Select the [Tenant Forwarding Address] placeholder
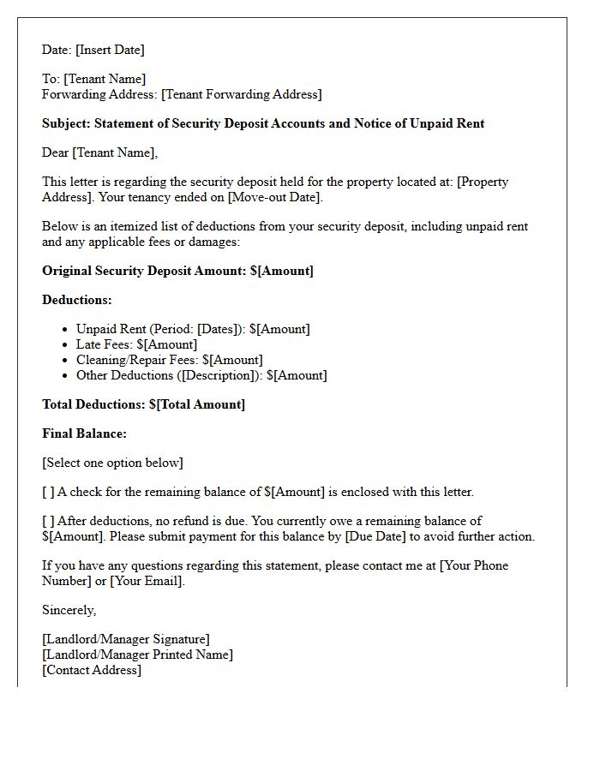click(x=241, y=94)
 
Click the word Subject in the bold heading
click(x=66, y=123)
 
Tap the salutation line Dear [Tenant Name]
click(x=100, y=152)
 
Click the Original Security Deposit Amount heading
click(x=177, y=271)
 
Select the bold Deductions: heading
click(x=77, y=300)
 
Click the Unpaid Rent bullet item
click(x=193, y=329)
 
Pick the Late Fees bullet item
click(x=136, y=344)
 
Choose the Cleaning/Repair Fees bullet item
click(x=169, y=360)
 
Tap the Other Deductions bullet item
click(x=201, y=375)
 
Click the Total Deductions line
click(x=143, y=404)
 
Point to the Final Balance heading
click(x=84, y=433)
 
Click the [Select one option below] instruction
click(x=112, y=463)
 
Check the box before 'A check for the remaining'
click(x=48, y=492)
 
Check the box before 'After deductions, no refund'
click(x=48, y=521)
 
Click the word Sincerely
click(x=69, y=610)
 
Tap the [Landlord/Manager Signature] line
click(x=126, y=639)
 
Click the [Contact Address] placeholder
click(x=92, y=670)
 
